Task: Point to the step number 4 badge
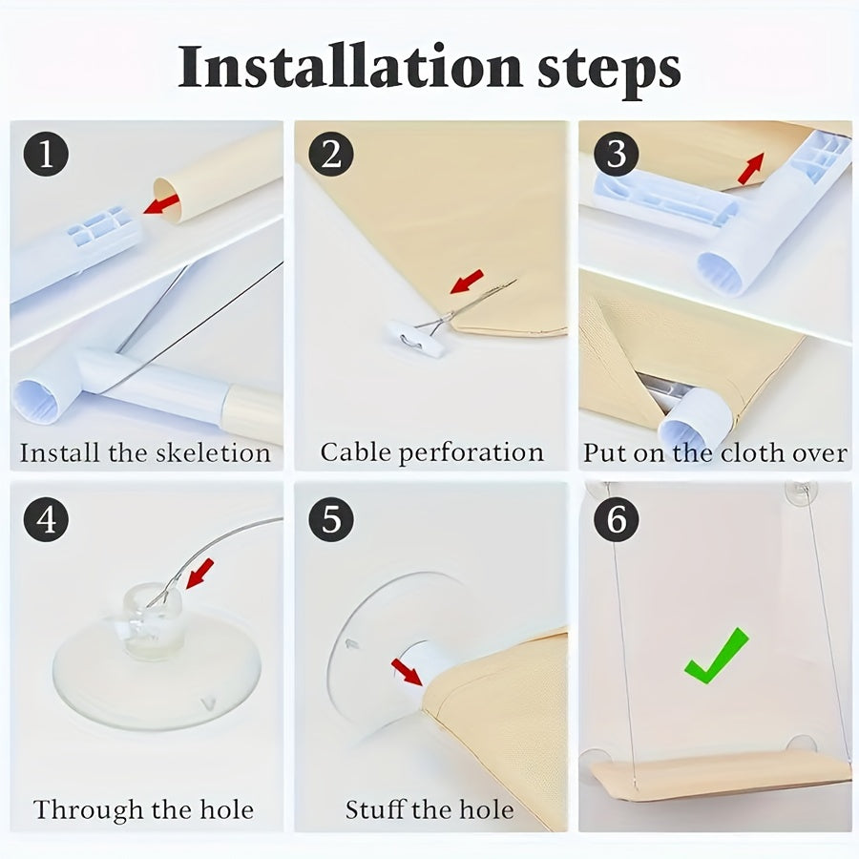46,519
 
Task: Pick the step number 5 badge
331,519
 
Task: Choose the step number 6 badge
617,519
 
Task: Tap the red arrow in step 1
161,203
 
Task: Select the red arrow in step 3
751,168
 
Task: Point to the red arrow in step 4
200,574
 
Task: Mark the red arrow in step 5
407,672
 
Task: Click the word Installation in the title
350,67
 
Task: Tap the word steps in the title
609,72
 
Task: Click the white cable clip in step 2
415,339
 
